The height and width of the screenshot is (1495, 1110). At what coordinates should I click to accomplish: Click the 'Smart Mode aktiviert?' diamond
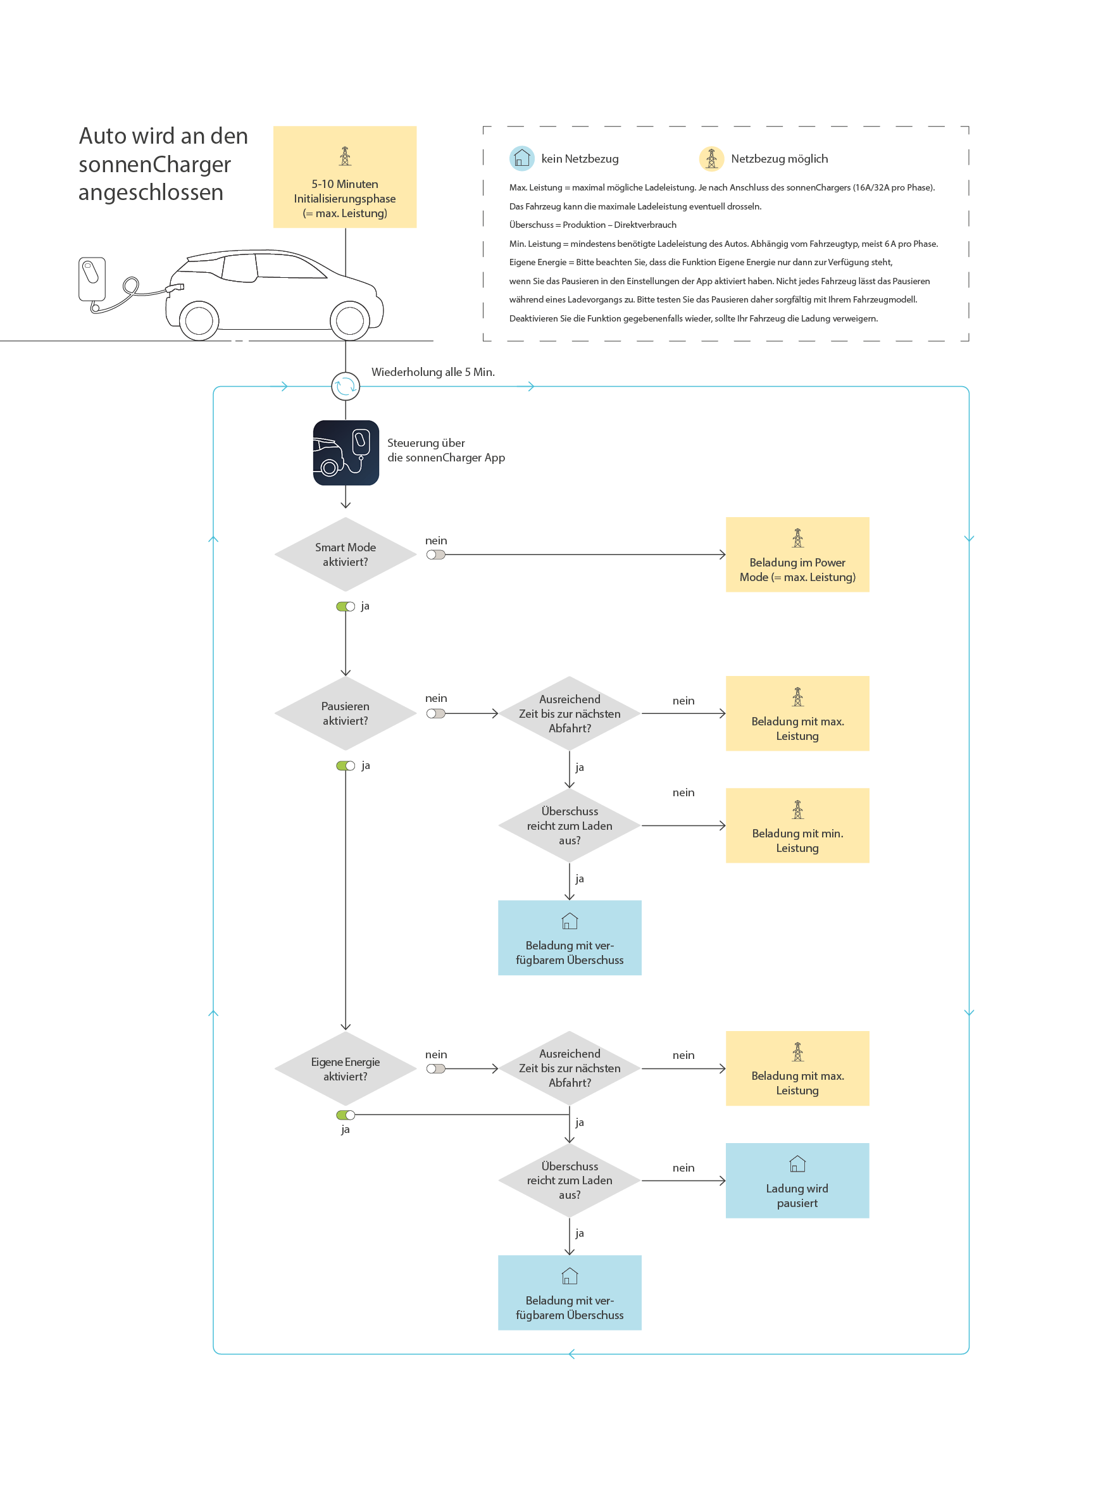point(346,554)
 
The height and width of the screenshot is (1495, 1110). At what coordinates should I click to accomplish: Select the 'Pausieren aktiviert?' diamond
point(346,713)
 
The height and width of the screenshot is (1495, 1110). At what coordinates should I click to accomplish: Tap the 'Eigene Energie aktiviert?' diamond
point(346,1068)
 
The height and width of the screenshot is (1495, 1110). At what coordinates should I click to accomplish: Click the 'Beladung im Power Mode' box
point(797,554)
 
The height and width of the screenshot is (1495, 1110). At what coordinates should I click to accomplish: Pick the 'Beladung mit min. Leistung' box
point(797,825)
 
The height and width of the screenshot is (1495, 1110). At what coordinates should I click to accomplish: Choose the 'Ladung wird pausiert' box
point(797,1180)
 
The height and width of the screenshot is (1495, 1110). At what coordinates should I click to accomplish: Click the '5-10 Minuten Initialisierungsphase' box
point(345,177)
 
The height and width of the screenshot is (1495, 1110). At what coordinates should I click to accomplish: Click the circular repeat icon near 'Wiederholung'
point(346,386)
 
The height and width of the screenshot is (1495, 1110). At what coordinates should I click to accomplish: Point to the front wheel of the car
point(350,320)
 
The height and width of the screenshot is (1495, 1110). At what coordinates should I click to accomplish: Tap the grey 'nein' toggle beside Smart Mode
point(435,555)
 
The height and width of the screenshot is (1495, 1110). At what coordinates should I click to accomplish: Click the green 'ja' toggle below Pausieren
point(346,766)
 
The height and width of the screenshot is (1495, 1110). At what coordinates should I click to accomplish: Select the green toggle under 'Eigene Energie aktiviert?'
point(346,1115)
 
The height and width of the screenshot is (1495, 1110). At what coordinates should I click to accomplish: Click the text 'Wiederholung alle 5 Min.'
point(433,372)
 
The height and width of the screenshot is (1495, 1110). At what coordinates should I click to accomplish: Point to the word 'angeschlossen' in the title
point(151,193)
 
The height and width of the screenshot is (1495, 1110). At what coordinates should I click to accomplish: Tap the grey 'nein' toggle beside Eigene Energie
point(435,1069)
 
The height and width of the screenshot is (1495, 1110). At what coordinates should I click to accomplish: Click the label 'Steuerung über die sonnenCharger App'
point(446,450)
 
